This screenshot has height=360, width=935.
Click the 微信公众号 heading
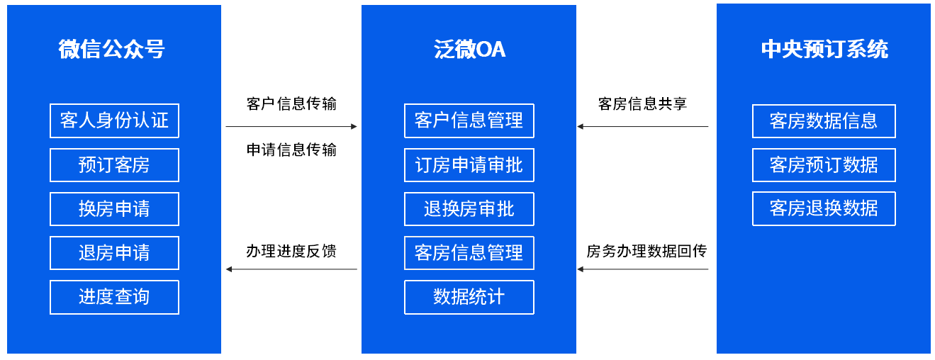(x=111, y=49)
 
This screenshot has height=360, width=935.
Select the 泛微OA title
(x=469, y=49)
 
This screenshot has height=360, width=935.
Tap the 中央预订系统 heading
(x=824, y=49)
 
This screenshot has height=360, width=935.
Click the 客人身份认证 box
(x=114, y=120)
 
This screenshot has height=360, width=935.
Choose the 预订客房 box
(x=114, y=165)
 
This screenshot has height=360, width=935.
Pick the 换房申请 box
(x=114, y=209)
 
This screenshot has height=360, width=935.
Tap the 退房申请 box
(x=114, y=253)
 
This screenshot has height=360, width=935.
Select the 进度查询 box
(x=114, y=297)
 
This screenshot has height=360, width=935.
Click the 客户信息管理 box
(x=469, y=120)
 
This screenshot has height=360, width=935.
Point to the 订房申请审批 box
(x=469, y=165)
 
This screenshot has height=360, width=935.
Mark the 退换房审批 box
(x=469, y=209)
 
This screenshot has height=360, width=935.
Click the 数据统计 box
(x=469, y=297)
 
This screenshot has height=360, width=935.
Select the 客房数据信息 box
(x=824, y=121)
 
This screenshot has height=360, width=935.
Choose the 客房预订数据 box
(x=824, y=165)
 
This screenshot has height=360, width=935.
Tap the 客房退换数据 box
(x=824, y=208)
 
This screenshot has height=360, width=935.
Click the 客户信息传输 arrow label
(x=291, y=104)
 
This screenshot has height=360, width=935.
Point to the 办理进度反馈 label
(x=291, y=251)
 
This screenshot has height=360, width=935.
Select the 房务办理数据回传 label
(x=646, y=251)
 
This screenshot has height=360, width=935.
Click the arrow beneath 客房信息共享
(x=643, y=126)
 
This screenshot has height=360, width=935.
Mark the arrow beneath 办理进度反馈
(x=291, y=269)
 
